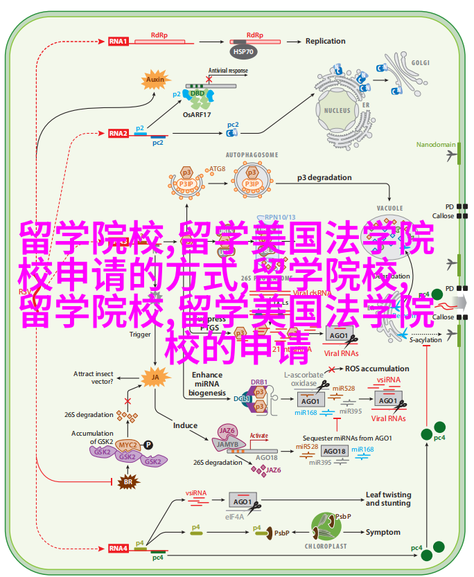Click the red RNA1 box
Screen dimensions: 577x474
coord(118,41)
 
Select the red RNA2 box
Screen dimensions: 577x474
coord(118,133)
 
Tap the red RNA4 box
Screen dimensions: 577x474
coord(118,548)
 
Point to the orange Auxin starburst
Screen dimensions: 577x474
coord(155,80)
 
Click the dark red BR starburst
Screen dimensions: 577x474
coord(127,481)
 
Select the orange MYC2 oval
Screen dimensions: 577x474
coord(127,444)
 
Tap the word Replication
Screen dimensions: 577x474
coord(325,41)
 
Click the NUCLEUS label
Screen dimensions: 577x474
coord(337,110)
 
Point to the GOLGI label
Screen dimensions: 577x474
coord(421,62)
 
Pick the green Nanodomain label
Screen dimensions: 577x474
coord(435,145)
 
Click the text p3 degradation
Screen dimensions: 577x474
coord(326,177)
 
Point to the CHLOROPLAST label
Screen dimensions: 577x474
coord(327,546)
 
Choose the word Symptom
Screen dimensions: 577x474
coord(383,532)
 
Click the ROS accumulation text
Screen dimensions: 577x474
coord(377,369)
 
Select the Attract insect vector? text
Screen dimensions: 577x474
coord(94,378)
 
